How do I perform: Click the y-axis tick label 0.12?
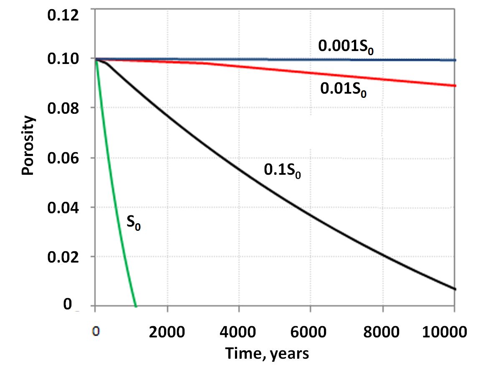point(63,15)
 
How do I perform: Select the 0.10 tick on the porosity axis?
point(63,59)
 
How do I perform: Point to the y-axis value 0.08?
point(63,108)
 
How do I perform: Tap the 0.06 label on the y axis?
point(63,158)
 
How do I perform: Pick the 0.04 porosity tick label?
point(63,207)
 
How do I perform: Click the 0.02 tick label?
point(63,257)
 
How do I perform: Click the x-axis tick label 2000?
point(167,332)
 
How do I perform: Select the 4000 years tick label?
point(238,332)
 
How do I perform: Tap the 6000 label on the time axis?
point(308,332)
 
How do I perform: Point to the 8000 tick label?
point(382,332)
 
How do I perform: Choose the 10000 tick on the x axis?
point(444,332)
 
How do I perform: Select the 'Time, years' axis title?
point(267,353)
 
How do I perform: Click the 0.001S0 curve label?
point(346,46)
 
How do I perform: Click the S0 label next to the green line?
point(134,222)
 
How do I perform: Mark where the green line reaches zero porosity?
point(136,306)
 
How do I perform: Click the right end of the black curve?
point(455,289)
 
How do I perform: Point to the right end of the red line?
point(455,86)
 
